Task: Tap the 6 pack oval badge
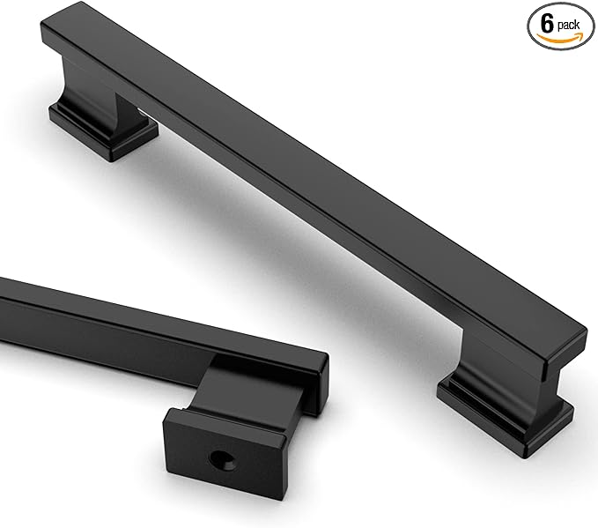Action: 560,25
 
